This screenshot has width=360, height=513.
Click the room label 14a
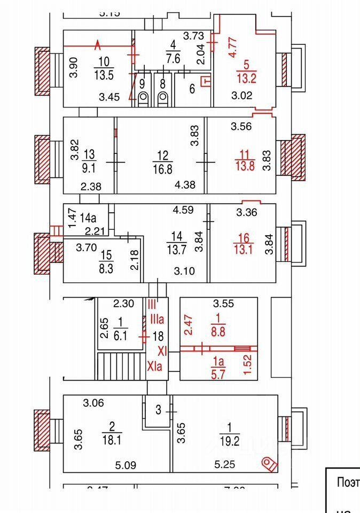89,217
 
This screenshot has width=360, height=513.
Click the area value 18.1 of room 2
112,440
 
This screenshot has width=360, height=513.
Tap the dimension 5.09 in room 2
126,465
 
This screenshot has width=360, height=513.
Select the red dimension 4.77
233,46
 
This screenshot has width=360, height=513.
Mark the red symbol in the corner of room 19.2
270,464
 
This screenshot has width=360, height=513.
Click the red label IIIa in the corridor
156,320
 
